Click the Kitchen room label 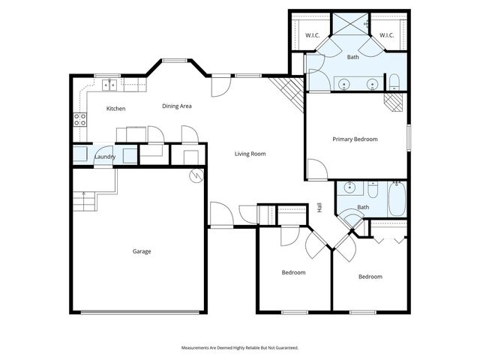coord(115,109)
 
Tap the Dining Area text coord(177,106)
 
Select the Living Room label coord(250,154)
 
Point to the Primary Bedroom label coord(355,139)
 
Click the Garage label coord(142,251)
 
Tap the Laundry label coord(104,156)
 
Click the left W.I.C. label coord(313,35)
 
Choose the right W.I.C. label coord(386,35)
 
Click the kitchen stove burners coord(79,119)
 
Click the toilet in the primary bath coord(393,82)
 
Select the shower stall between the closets coord(349,25)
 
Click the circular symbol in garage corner coord(196,176)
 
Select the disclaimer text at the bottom coord(240,347)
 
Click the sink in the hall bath coord(349,187)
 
